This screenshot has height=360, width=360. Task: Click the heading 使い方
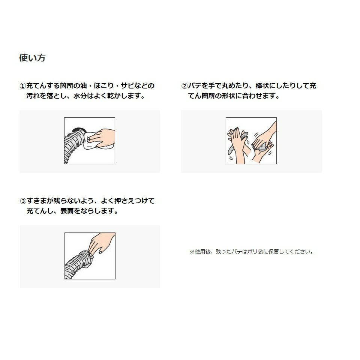[x=32, y=58]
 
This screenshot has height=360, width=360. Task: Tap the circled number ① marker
[x=23, y=86]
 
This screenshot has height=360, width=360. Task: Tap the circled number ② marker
[x=184, y=86]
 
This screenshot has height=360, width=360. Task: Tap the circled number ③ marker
[x=23, y=201]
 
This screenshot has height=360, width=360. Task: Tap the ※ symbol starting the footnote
[x=192, y=252]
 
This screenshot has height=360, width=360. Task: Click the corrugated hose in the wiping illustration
[x=73, y=145]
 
